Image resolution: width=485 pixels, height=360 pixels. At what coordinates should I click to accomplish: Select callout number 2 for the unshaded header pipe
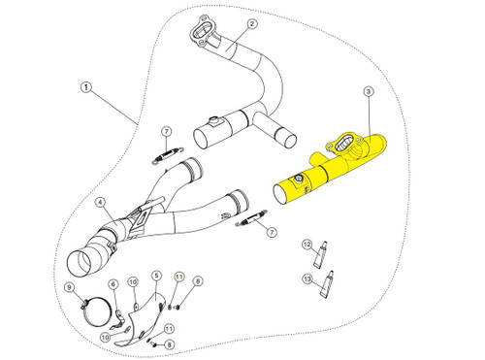pyautogui.click(x=251, y=23)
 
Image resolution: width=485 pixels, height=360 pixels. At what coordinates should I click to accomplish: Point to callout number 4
pyautogui.click(x=100, y=202)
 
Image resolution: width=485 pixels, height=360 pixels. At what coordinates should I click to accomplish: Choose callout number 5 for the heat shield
pyautogui.click(x=156, y=276)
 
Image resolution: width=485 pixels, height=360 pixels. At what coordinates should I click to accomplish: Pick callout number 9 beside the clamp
pyautogui.click(x=69, y=287)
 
